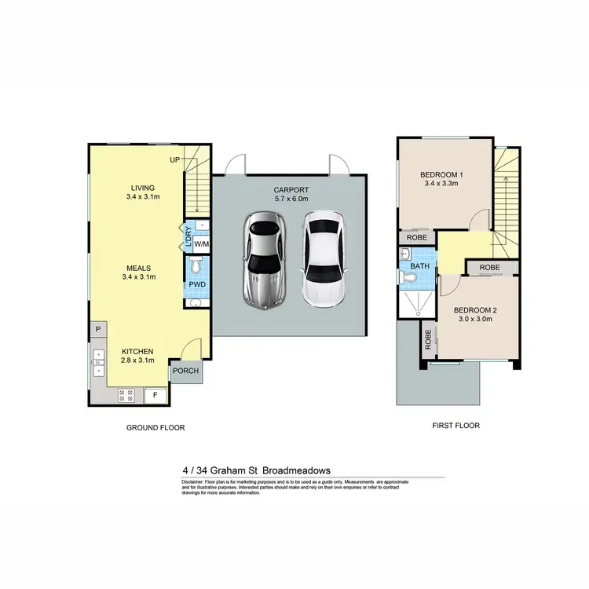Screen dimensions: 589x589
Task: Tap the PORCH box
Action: pyautogui.click(x=186, y=371)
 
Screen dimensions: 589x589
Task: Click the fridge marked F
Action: pyautogui.click(x=155, y=395)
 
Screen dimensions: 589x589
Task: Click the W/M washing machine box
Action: pyautogui.click(x=201, y=242)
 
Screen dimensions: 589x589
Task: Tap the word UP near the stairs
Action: pyautogui.click(x=176, y=160)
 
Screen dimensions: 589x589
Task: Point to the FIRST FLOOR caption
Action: pyautogui.click(x=455, y=425)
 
